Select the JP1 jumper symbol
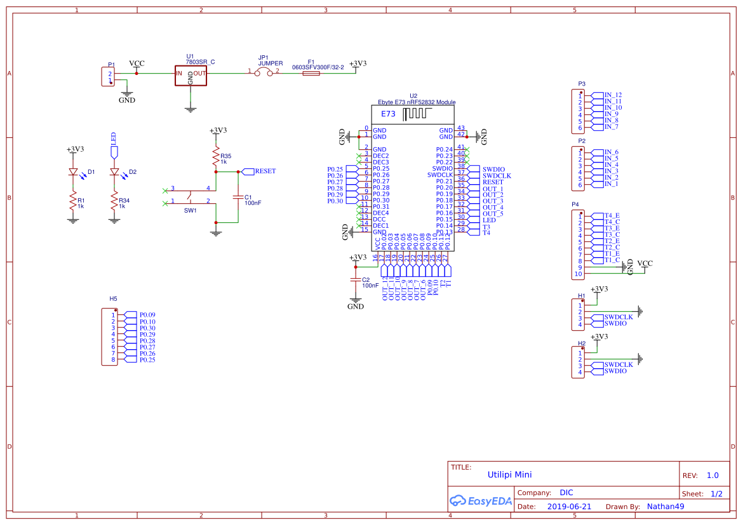tap(264, 72)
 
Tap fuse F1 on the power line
tap(311, 74)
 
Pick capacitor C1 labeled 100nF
tap(238, 197)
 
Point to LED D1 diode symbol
tap(73, 172)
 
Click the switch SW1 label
tap(190, 210)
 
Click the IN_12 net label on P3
tap(613, 95)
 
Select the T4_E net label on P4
tap(612, 216)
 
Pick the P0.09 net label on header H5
tap(147, 315)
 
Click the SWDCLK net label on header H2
tap(618, 365)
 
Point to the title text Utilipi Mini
tap(509, 475)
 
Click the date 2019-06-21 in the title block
tap(569, 507)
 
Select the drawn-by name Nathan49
tap(665, 507)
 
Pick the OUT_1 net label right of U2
tap(492, 189)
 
